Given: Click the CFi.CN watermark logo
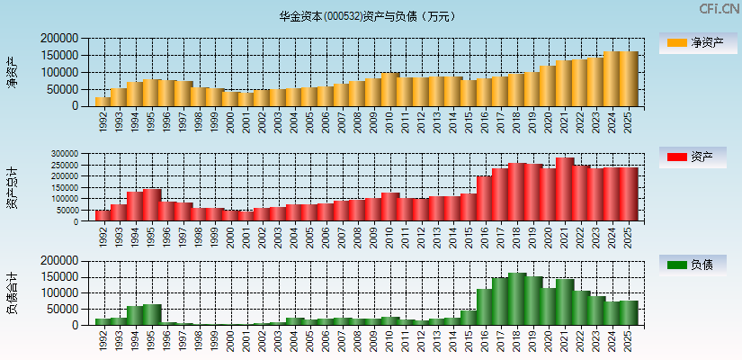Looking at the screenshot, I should (720, 9).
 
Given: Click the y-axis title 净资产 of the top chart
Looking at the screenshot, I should (12, 72).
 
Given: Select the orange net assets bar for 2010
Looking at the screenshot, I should (389, 90).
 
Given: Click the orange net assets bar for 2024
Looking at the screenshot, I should (612, 79).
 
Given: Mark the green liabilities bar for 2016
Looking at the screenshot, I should (485, 307).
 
